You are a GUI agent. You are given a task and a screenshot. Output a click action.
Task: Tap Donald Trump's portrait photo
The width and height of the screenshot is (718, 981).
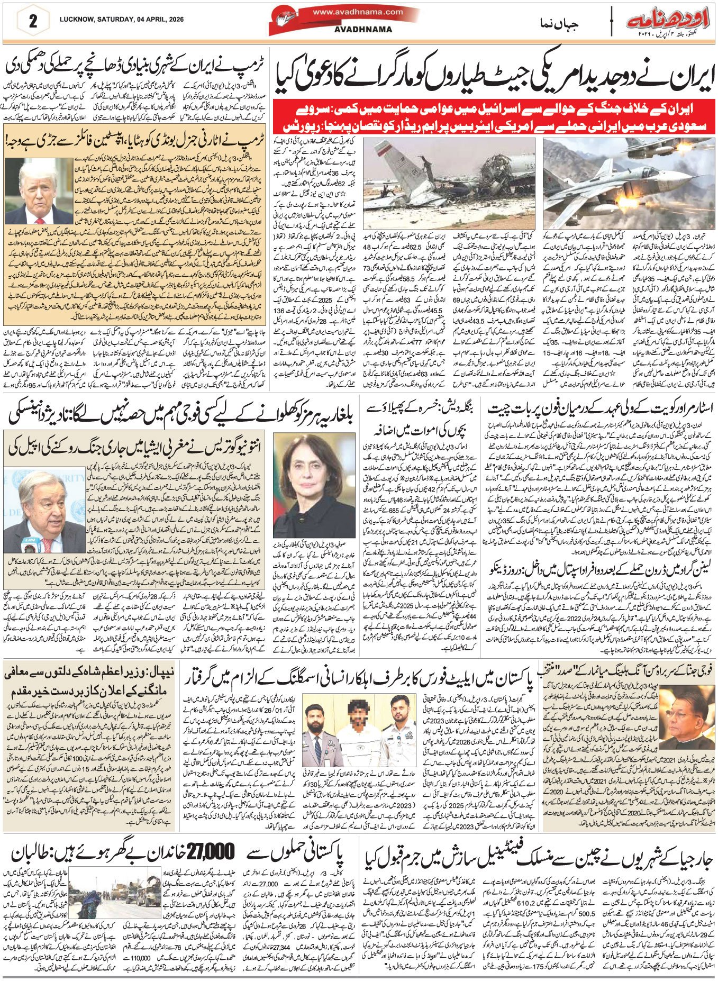pos(38,191)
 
